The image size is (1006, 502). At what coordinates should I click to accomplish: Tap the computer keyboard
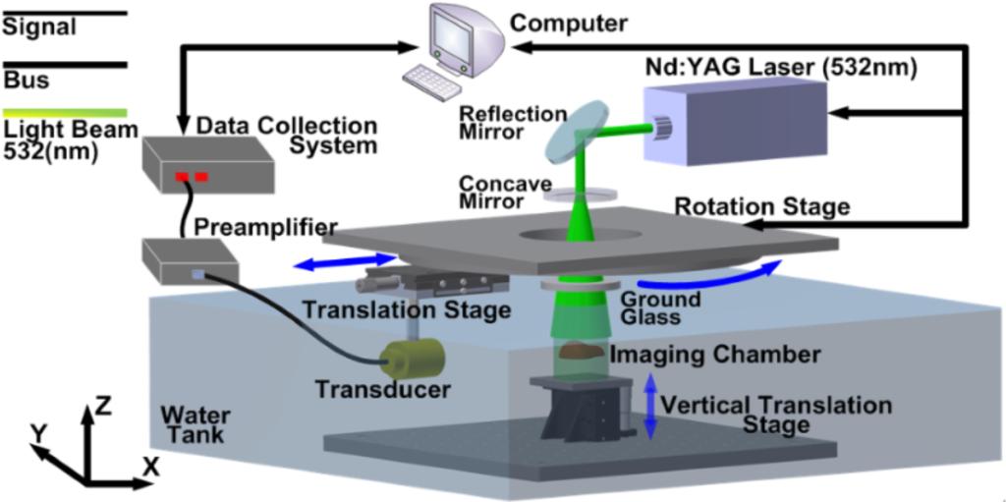tap(431, 77)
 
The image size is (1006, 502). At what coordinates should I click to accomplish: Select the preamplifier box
tap(192, 260)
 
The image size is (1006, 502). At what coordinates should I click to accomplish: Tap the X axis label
tap(150, 468)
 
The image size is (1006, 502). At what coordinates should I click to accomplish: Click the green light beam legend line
tap(64, 113)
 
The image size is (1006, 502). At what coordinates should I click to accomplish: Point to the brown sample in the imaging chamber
tap(581, 351)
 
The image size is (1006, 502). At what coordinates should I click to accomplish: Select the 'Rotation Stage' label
tap(761, 207)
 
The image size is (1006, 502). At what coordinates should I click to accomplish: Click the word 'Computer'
tap(562, 22)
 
